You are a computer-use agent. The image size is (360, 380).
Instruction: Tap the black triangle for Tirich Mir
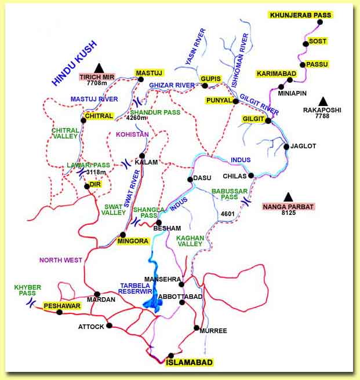click(99, 67)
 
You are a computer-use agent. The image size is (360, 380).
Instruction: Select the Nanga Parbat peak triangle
click(288, 196)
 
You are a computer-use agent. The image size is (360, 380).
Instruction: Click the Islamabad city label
click(190, 363)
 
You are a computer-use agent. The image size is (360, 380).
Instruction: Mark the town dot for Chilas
click(252, 176)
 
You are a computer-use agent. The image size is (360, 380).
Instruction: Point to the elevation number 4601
click(228, 214)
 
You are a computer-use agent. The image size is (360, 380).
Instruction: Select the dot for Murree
click(197, 328)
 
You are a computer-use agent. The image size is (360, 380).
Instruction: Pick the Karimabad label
click(277, 74)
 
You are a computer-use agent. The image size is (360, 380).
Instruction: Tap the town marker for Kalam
click(141, 155)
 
